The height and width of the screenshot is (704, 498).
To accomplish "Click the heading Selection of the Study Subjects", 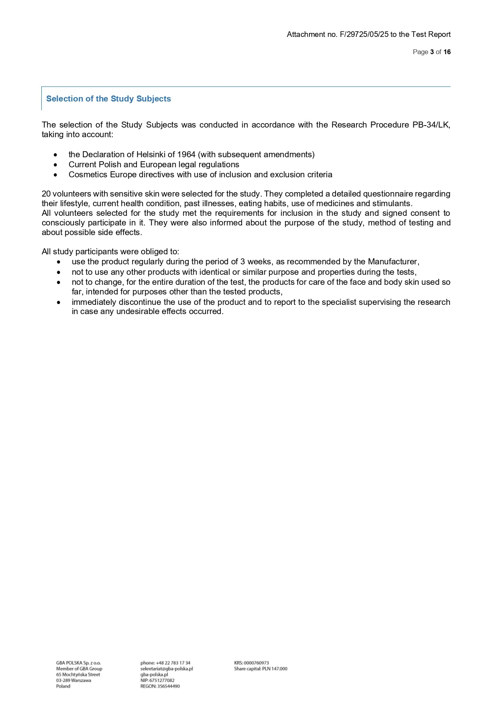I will tap(108, 99).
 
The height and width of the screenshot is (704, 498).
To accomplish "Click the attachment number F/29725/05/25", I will tap(364, 34).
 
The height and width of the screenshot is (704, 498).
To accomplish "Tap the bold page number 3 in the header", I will tap(432, 52).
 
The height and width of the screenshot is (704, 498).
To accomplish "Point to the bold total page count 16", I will tap(447, 52).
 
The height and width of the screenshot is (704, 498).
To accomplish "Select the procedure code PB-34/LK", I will tap(431, 125).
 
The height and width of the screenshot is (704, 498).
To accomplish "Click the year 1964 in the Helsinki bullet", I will tap(186, 154).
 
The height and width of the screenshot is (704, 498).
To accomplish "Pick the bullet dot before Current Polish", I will tap(55, 165).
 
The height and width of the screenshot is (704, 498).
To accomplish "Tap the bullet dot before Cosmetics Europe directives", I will tap(55, 175).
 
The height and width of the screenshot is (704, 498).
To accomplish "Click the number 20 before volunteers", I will tap(46, 194).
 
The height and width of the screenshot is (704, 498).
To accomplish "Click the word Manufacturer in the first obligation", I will tap(392, 262).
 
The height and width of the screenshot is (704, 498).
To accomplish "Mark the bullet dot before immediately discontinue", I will tap(59, 302).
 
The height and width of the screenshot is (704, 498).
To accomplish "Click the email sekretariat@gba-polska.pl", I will tap(167, 669).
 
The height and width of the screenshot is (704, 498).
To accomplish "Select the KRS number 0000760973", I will tap(256, 663).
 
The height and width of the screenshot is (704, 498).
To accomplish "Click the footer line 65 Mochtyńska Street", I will tap(78, 675).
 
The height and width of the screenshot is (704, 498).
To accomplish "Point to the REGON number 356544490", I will tap(168, 686).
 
